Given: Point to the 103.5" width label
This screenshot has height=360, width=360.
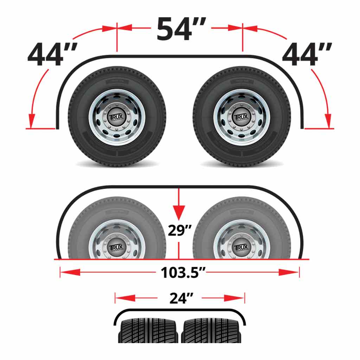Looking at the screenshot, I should [x=183, y=272].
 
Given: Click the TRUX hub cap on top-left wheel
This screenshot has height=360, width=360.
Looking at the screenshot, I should [x=117, y=117].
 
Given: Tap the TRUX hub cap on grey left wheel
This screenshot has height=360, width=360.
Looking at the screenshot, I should [x=117, y=247].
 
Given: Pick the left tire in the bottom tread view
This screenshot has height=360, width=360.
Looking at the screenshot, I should [x=150, y=330].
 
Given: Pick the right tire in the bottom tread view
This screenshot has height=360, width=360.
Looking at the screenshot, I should [x=211, y=330].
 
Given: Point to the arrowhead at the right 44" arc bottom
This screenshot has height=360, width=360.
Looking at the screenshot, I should [x=328, y=121].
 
